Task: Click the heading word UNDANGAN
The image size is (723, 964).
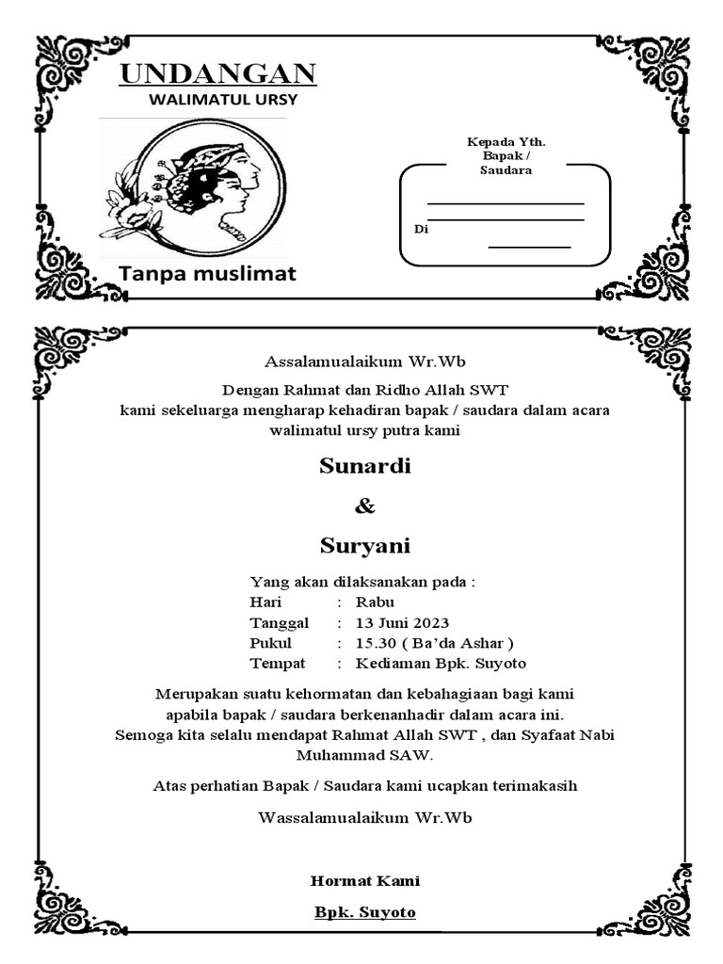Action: pos(217,73)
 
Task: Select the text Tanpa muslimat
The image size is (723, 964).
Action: pos(207,274)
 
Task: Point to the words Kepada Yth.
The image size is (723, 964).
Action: pos(506,142)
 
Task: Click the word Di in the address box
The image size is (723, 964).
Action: pos(421,229)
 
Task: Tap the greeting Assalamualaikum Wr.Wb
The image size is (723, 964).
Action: pos(365,361)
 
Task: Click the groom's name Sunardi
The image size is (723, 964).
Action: pos(365,466)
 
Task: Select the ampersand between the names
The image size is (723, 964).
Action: pos(364,506)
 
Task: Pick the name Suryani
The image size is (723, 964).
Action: pos(364,546)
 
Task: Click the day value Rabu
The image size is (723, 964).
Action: pos(375,602)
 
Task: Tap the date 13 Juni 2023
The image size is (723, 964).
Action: pos(402,623)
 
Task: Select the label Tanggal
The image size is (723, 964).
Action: pos(279,623)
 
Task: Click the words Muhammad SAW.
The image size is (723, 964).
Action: pos(364,755)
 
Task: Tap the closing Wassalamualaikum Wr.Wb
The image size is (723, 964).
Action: pos(365,817)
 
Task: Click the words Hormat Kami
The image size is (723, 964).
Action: pos(365,881)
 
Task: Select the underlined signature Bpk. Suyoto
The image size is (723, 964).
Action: pos(365,912)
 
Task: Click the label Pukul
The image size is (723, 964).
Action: pos(270,644)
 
